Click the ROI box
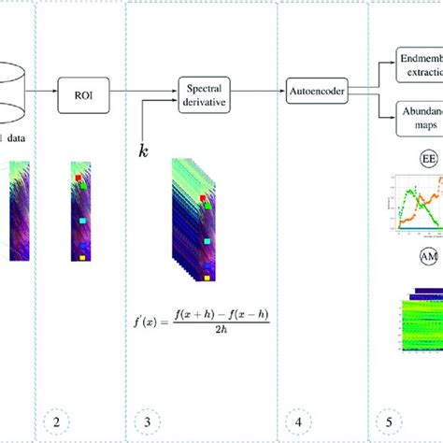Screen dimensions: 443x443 tap(80, 93)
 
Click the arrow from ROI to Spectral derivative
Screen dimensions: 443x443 tap(138, 93)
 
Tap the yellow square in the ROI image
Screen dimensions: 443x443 tap(81, 255)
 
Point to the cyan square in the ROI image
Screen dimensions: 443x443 tap(82, 219)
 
